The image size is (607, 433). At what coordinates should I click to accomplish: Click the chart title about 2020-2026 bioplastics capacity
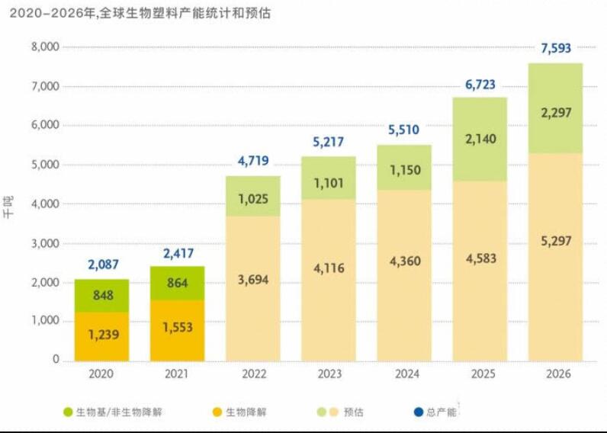pyautogui.click(x=140, y=13)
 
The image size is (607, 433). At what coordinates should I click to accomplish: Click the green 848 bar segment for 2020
pyautogui.click(x=101, y=296)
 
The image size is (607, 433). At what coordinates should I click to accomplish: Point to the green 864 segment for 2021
pyautogui.click(x=177, y=284)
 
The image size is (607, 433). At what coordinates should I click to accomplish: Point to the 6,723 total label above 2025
pyautogui.click(x=480, y=84)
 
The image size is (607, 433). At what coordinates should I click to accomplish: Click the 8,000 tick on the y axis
pyautogui.click(x=44, y=47)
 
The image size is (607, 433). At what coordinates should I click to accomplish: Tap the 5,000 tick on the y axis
pyautogui.click(x=44, y=165)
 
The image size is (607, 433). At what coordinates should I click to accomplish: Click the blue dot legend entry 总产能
pyautogui.click(x=434, y=412)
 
